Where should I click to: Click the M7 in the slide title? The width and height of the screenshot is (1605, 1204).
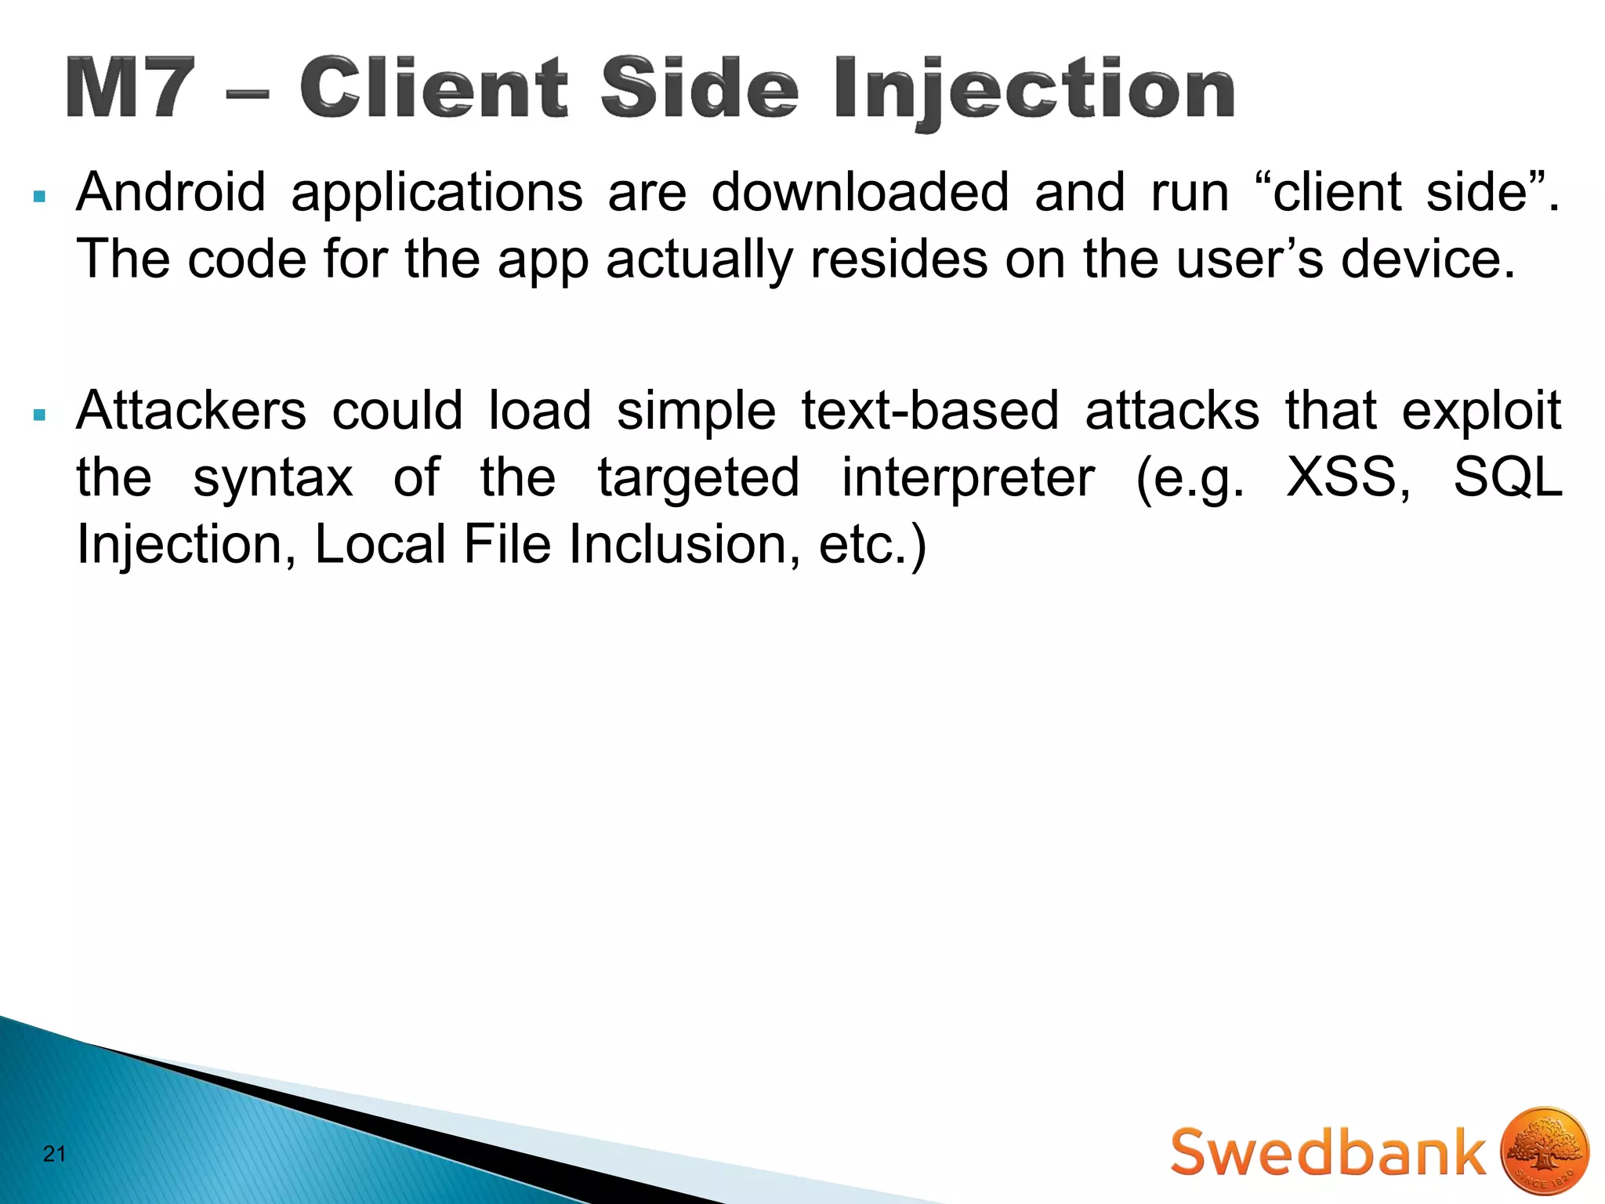[130, 88]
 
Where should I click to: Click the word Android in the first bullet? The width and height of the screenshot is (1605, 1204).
[171, 193]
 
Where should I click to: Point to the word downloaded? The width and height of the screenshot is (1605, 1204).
[859, 193]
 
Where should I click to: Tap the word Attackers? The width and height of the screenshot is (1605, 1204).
[190, 411]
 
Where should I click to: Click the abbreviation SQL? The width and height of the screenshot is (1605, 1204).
[1507, 477]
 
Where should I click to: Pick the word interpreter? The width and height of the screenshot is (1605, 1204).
[968, 477]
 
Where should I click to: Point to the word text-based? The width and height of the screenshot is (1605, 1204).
[929, 411]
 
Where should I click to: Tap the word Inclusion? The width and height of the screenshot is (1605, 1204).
[678, 544]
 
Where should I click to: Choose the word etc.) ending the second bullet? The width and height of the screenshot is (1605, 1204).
[872, 544]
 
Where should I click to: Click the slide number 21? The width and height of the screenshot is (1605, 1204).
[54, 1154]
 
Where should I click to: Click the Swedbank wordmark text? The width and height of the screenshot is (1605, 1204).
[1328, 1153]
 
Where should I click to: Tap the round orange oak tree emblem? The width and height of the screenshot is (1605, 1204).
[1544, 1152]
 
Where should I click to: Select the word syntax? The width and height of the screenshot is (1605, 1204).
[273, 477]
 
